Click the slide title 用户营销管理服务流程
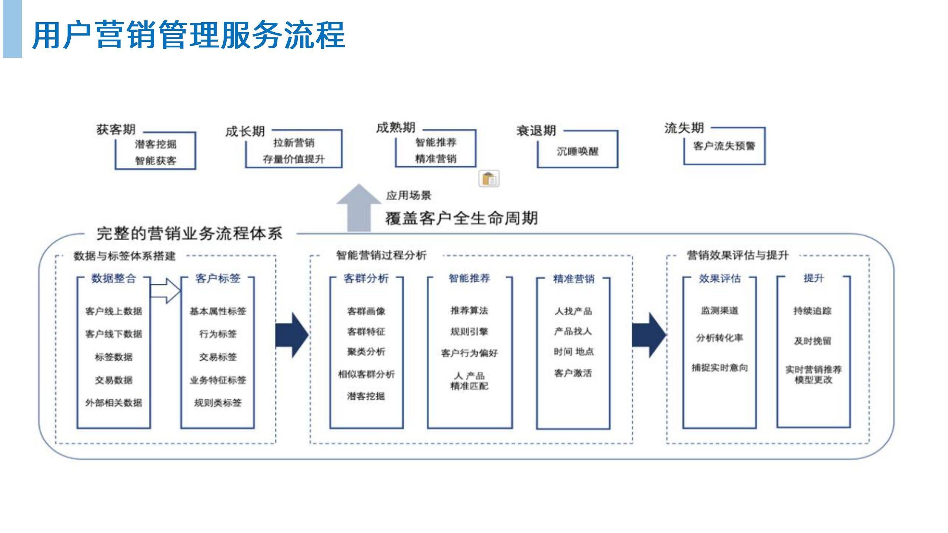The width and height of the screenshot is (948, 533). [x=189, y=35]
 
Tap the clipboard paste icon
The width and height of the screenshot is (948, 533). [x=489, y=179]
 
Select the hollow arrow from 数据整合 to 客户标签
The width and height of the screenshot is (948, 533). [x=166, y=291]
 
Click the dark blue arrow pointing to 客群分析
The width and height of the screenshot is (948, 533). [x=292, y=335]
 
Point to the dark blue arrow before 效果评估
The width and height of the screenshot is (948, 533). [x=649, y=335]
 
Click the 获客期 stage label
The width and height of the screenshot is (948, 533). [x=116, y=130]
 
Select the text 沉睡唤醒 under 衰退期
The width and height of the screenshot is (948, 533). [x=577, y=151]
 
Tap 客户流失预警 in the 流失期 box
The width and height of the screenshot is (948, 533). [x=724, y=146]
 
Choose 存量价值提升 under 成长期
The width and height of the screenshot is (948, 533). [x=294, y=160]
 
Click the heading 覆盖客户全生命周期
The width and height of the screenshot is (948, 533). [x=461, y=218]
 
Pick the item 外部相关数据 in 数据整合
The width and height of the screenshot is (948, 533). [x=114, y=403]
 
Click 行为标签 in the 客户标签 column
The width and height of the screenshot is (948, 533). [x=218, y=334]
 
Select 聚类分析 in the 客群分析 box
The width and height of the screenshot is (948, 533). [x=366, y=352]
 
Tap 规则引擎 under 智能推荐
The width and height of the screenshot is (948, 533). [x=469, y=332]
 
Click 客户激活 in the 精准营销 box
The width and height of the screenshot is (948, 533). [x=573, y=373]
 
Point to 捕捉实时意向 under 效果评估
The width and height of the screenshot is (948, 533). [x=720, y=368]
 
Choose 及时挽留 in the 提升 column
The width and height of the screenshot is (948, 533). [x=812, y=341]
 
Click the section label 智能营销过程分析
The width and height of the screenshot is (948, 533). [x=381, y=255]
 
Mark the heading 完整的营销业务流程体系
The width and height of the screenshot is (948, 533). [x=189, y=234]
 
